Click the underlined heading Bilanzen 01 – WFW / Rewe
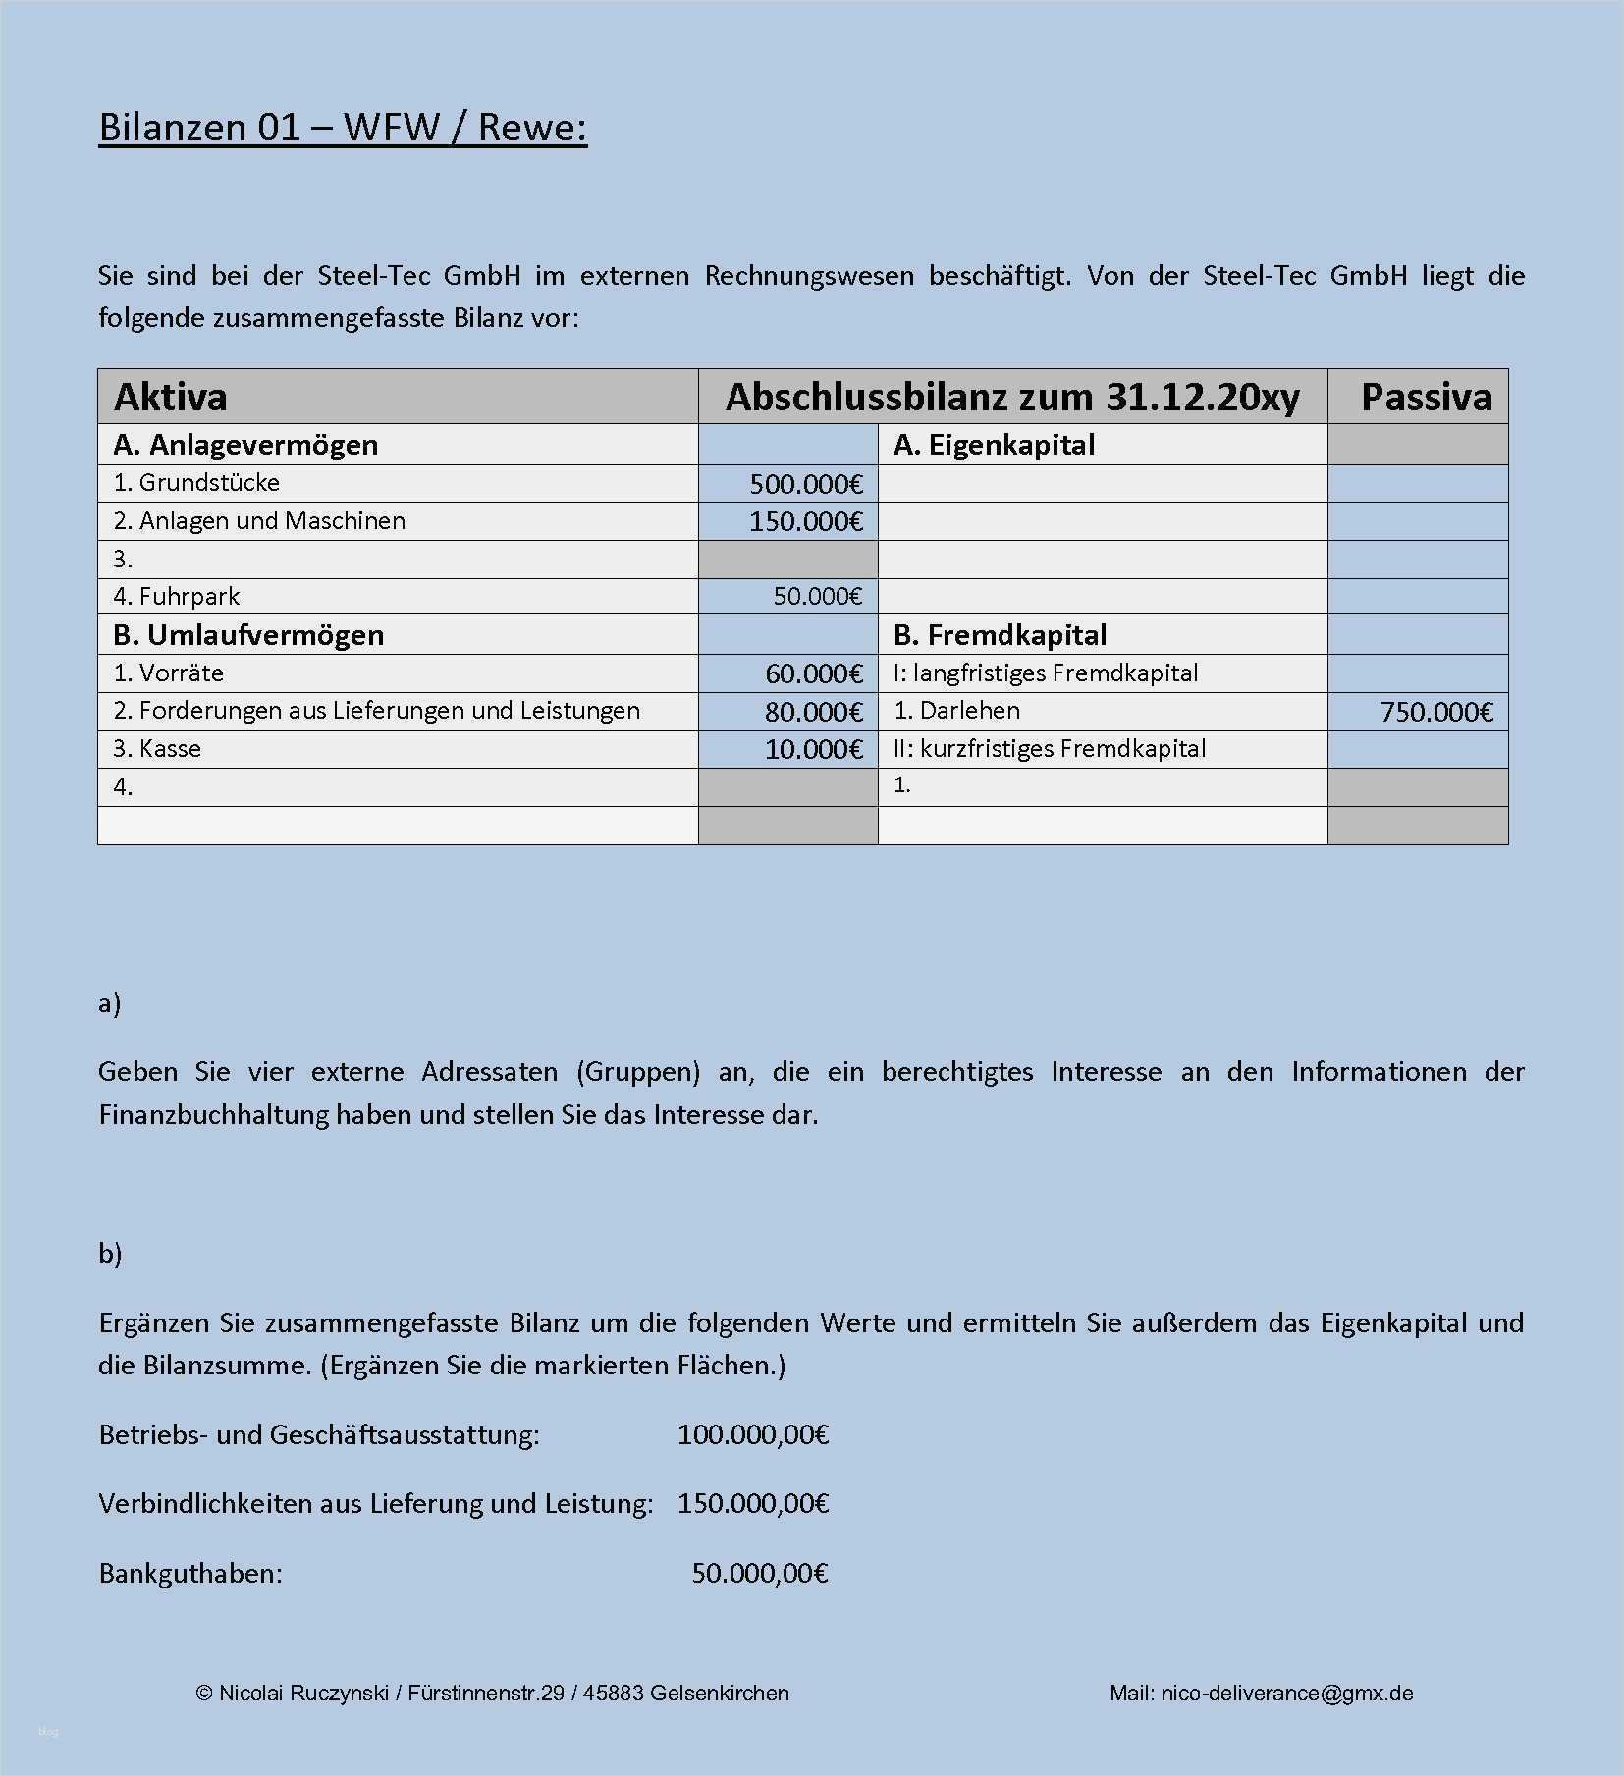343,128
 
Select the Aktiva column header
171,397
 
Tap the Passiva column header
1426,397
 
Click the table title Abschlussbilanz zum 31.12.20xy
1012,397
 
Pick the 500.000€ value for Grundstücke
805,484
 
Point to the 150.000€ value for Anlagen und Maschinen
805,521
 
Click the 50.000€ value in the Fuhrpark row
817,596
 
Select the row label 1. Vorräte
169,673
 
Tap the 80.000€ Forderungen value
813,712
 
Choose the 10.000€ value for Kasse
813,750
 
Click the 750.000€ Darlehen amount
1435,712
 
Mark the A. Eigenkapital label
994,445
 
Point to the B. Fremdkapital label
1000,635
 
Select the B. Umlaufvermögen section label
248,635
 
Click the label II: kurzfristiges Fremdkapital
1050,749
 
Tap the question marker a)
109,1003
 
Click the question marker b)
110,1254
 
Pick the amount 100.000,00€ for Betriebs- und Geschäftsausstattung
753,1435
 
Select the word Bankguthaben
189,1574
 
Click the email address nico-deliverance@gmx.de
1286,1693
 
